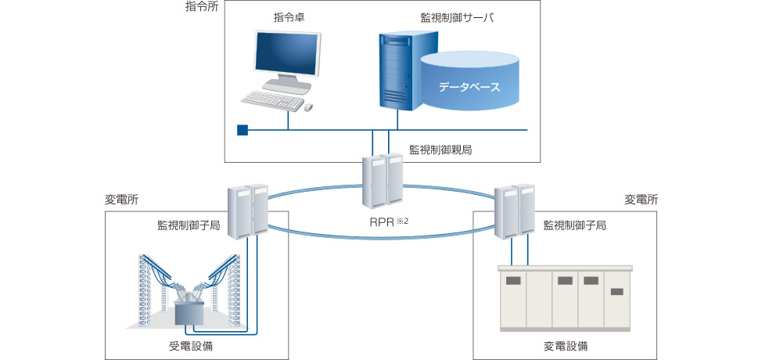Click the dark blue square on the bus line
coord(243,130)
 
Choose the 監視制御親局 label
coord(440,149)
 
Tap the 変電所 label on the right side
coord(641,200)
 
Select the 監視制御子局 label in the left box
coord(188,225)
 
